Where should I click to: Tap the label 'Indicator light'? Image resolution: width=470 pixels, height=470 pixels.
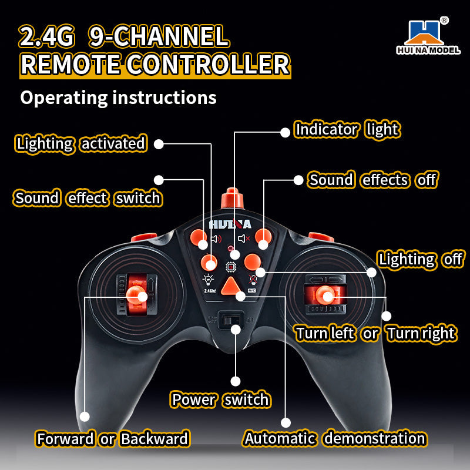tap(347, 130)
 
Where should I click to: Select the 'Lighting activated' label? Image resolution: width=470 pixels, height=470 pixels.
tap(80, 143)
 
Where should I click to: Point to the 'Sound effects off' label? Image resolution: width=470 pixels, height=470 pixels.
tap(373, 180)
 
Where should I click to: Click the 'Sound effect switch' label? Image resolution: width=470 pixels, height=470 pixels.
tap(88, 199)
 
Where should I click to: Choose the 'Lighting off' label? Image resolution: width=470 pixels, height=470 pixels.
tap(421, 259)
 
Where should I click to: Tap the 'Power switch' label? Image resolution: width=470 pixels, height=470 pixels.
tap(220, 400)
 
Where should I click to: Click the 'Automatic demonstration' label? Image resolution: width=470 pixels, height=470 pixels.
tap(335, 438)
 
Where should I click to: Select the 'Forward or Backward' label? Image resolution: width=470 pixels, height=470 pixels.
tap(112, 439)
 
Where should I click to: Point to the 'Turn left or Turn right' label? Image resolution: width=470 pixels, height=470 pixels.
tap(375, 334)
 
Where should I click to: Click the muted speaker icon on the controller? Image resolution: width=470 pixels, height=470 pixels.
tap(244, 239)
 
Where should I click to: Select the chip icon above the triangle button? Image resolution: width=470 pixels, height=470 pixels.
tap(231, 268)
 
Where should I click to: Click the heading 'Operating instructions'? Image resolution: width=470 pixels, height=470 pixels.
tap(118, 97)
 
